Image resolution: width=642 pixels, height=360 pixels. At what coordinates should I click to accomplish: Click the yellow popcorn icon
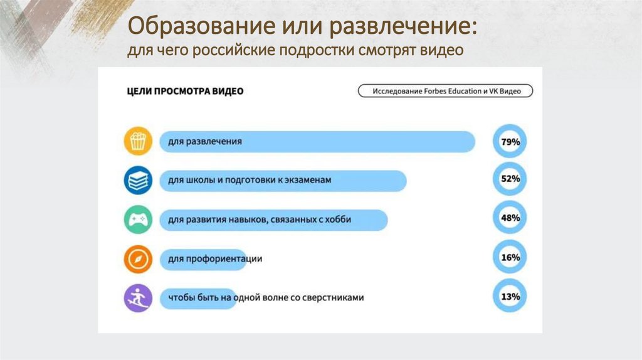click(137, 140)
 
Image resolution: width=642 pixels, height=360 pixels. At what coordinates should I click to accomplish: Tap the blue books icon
click(137, 180)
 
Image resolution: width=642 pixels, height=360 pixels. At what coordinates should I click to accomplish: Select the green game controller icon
click(137, 220)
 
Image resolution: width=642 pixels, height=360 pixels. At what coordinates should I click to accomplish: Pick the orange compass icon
click(137, 258)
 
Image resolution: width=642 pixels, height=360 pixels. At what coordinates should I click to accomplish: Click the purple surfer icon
click(137, 297)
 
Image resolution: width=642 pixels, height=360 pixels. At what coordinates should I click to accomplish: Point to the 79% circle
click(510, 142)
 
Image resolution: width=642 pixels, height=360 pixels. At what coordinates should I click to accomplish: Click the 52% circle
click(510, 179)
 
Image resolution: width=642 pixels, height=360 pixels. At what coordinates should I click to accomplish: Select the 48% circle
click(510, 218)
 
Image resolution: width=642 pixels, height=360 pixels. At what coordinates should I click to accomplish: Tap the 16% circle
click(510, 257)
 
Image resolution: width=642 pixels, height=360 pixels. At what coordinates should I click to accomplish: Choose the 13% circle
click(510, 296)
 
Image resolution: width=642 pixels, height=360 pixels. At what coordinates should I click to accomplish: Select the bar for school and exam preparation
click(282, 181)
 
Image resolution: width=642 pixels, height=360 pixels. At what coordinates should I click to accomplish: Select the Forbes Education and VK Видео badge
click(446, 91)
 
